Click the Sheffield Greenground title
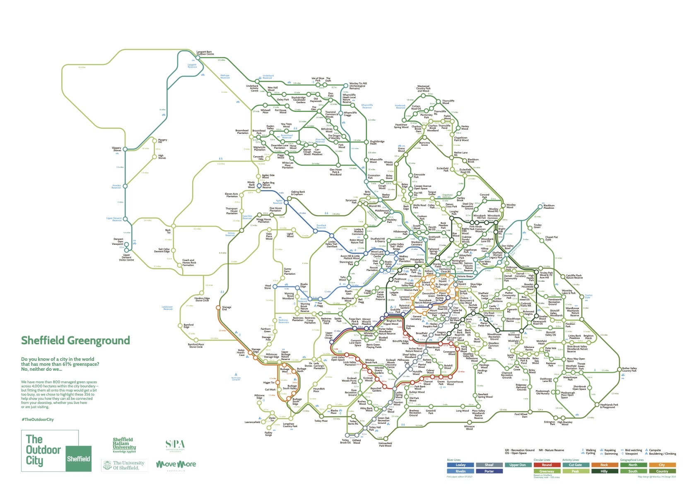[x=75, y=341]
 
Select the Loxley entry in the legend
[x=461, y=465]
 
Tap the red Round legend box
[x=547, y=465]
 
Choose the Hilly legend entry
[x=604, y=471]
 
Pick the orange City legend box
[x=662, y=465]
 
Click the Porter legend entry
[x=489, y=471]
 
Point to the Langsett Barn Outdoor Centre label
[x=205, y=53]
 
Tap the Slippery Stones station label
[x=117, y=149]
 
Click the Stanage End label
[x=227, y=308]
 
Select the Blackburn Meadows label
[x=549, y=207]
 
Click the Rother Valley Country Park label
[x=629, y=370]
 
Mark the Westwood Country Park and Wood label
[x=423, y=89]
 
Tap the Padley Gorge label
[x=268, y=434]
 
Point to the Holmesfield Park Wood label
[x=385, y=445]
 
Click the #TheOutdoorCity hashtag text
[x=37, y=419]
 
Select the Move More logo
[x=176, y=464]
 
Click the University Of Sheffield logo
[x=124, y=465]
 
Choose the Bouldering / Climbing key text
[x=662, y=454]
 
